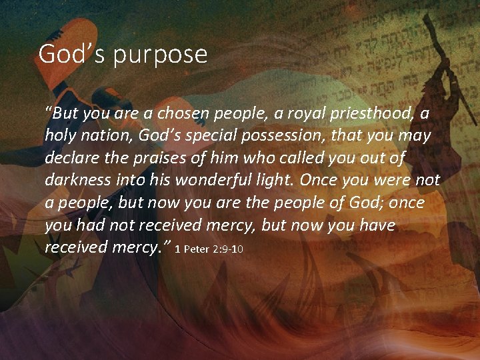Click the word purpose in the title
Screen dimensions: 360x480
pyautogui.click(x=160, y=55)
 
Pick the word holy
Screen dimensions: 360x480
pyautogui.click(x=60, y=136)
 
